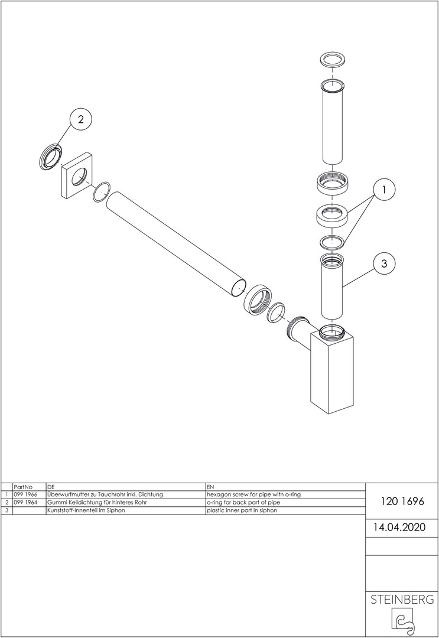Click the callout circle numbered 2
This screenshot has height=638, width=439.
80,119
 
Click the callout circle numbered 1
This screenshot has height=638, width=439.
384,189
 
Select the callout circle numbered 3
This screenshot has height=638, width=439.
384,263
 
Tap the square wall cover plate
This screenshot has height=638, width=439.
78,175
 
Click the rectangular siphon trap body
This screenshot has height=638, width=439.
331,373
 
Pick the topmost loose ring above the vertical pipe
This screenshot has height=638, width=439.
333,60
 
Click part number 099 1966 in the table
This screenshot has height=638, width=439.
25,494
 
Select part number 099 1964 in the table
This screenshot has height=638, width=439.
25,502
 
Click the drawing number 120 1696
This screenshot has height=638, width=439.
402,502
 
